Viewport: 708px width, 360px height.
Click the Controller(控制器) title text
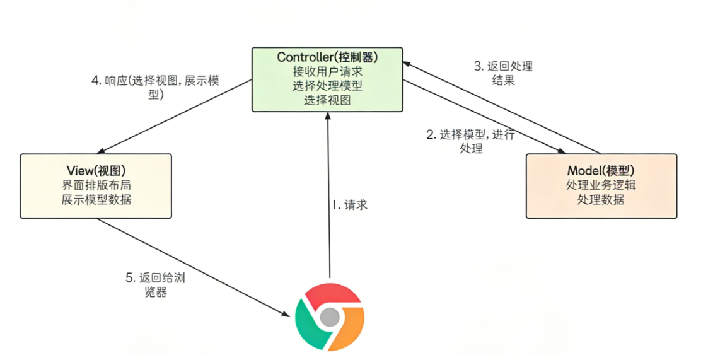[327, 57]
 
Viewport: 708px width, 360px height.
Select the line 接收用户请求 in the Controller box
[327, 71]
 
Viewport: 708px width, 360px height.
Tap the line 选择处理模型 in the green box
[327, 85]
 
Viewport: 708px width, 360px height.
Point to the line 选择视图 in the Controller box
[327, 100]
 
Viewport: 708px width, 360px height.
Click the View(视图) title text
[96, 171]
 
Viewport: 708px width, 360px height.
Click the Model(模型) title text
[601, 171]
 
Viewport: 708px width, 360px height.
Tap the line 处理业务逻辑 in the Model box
[601, 185]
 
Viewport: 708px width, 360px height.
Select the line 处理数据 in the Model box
[601, 200]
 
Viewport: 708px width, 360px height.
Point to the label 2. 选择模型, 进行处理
[470, 141]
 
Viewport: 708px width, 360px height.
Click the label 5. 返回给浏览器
[155, 284]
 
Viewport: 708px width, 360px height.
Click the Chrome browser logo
[329, 316]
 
